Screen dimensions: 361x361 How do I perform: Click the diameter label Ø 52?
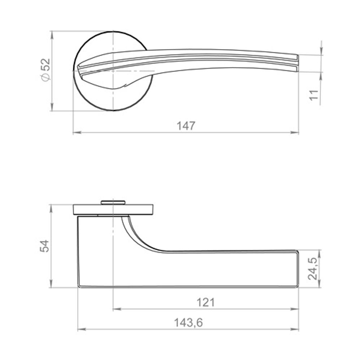(45, 70)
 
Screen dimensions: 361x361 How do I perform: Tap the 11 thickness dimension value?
(314, 95)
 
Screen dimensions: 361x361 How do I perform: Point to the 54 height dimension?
(45, 246)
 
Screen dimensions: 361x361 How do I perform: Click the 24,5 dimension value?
(313, 269)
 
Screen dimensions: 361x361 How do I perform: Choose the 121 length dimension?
(206, 302)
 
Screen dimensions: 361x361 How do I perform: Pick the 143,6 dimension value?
(188, 322)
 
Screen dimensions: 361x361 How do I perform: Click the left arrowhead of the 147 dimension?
(77, 132)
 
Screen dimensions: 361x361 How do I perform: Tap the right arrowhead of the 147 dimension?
(295, 132)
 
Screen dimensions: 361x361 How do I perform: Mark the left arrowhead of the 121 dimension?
(117, 309)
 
